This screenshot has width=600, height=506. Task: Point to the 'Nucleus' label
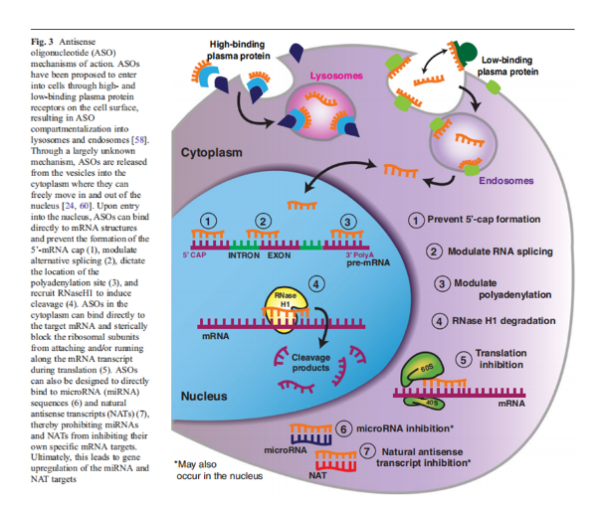click(207, 396)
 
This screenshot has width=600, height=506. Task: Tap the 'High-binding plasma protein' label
click(243, 50)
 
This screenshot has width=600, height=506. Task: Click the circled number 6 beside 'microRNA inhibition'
click(343, 428)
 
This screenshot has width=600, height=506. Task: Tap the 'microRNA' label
click(287, 449)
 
